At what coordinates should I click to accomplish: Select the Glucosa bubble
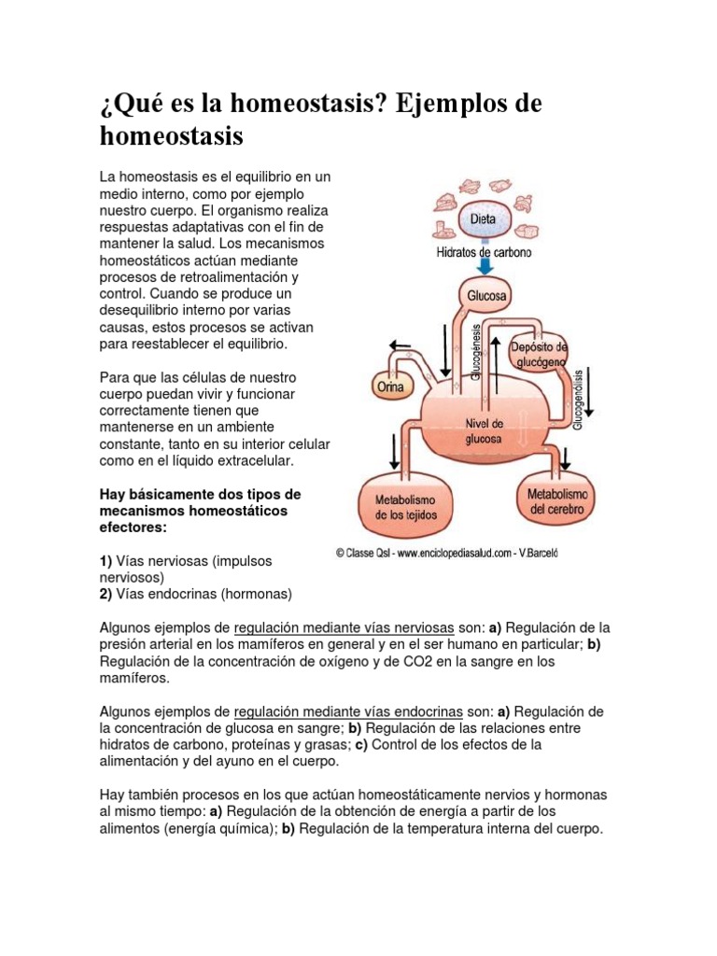coord(483,297)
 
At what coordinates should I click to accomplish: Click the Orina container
coord(392,384)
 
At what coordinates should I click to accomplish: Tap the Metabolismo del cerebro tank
coord(557,500)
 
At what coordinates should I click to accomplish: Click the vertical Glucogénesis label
coord(476,352)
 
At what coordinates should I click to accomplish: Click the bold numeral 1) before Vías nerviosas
coord(106,560)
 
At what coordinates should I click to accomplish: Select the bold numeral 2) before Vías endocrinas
coord(106,594)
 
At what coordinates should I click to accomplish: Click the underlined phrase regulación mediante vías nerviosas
coord(344,627)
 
